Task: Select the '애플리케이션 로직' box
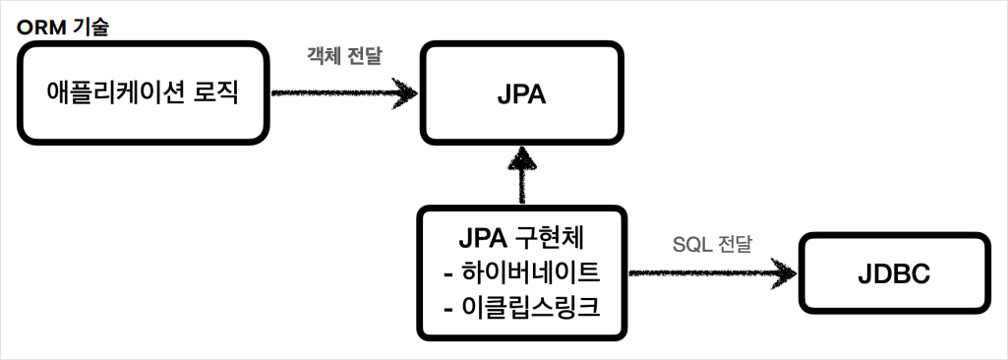pos(144,93)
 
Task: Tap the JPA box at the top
pos(521,95)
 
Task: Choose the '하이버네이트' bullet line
pos(521,272)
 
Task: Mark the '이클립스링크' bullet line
pos(521,307)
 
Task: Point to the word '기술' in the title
pos(89,25)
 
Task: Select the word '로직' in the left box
pos(215,93)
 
